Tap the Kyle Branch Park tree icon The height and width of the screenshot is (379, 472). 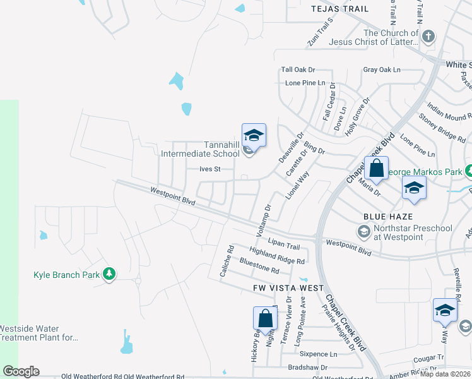pyautogui.click(x=110, y=274)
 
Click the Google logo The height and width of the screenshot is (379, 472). pyautogui.click(x=21, y=371)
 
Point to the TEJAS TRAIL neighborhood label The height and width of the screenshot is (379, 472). pyautogui.click(x=340, y=9)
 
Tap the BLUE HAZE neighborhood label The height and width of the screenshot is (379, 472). pyautogui.click(x=384, y=216)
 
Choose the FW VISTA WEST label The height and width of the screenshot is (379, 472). pyautogui.click(x=280, y=288)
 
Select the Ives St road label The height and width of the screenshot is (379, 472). pyautogui.click(x=209, y=169)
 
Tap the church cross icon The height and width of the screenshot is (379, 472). pyautogui.click(x=428, y=35)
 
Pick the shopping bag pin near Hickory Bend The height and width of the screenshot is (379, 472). pyautogui.click(x=266, y=320)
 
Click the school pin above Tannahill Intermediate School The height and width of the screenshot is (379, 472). pyautogui.click(x=254, y=136)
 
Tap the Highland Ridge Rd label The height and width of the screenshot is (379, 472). pyautogui.click(x=277, y=256)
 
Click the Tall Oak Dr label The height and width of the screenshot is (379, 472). pyautogui.click(x=298, y=69)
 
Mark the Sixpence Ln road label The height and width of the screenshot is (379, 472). pyautogui.click(x=319, y=354)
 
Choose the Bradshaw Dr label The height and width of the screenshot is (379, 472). pyautogui.click(x=306, y=367)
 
